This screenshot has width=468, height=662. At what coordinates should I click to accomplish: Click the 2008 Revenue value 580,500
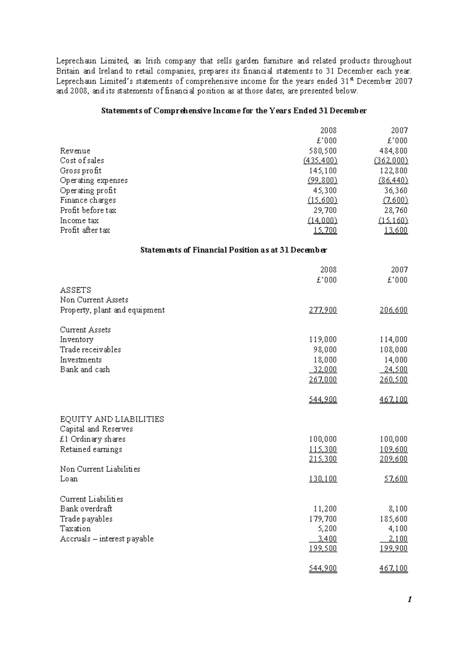323,151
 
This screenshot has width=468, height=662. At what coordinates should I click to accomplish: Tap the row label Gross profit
81,171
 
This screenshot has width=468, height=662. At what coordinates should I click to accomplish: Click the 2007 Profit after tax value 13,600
395,230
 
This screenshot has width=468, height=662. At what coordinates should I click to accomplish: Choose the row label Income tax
79,221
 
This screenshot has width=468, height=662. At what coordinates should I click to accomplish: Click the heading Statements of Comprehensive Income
234,111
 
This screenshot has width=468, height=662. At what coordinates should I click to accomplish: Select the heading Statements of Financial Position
234,250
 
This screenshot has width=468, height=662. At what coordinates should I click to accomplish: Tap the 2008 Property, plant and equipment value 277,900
323,310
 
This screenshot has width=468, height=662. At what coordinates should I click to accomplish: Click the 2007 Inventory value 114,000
394,340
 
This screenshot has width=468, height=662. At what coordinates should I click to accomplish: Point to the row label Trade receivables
90,350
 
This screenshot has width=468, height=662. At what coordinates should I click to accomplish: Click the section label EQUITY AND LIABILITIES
112,419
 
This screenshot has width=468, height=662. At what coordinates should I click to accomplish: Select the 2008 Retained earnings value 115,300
323,449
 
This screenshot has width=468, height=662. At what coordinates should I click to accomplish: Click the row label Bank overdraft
86,509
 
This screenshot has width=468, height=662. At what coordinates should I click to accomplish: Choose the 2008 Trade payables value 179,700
323,519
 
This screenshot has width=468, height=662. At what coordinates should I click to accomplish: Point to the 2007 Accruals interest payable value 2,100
397,539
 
